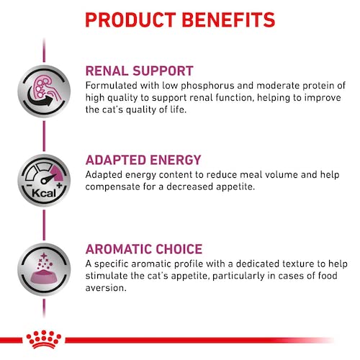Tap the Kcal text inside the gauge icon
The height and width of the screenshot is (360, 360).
(37, 193)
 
